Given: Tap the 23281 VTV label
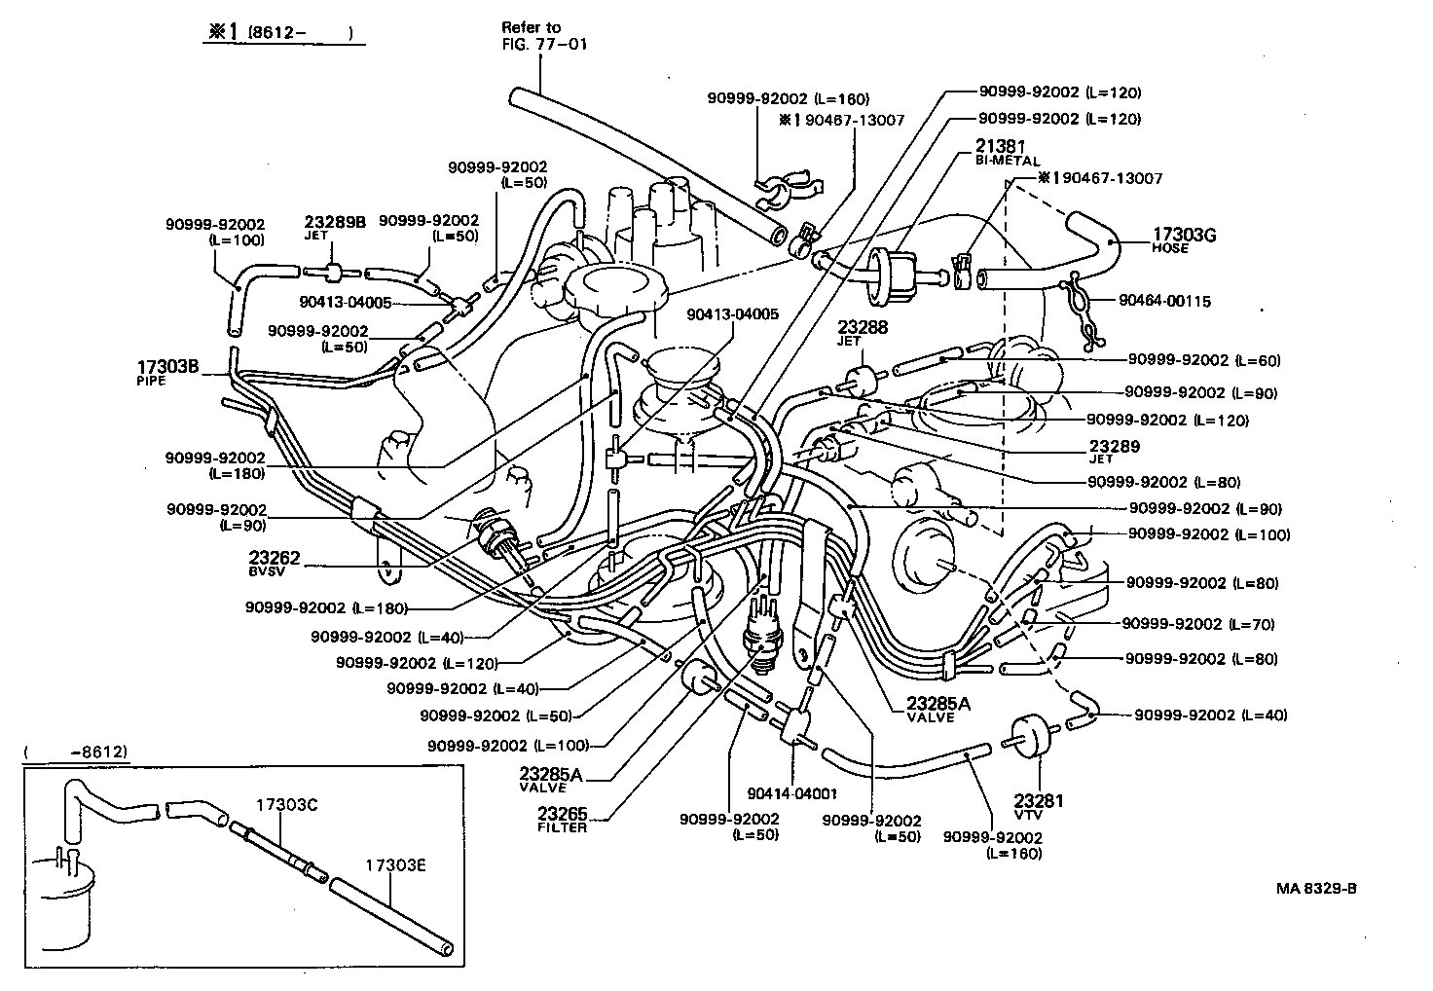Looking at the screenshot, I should point(1040,806).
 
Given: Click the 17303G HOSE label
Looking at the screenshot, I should point(1184,239).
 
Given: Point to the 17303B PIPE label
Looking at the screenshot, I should point(167,372).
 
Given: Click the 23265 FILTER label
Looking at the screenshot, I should point(563,818).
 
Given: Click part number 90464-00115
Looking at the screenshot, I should point(1164,302).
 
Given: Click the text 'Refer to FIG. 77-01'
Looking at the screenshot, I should point(544,35).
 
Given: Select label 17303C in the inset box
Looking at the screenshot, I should point(287,805).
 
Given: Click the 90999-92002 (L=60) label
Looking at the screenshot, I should point(1203,360).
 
